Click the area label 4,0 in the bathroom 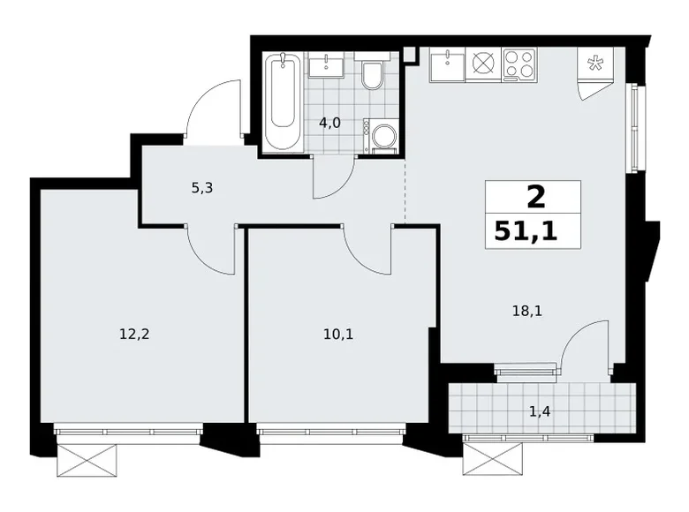(330, 123)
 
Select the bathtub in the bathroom (284, 102)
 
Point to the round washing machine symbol (384, 137)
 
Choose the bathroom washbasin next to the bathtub (329, 64)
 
